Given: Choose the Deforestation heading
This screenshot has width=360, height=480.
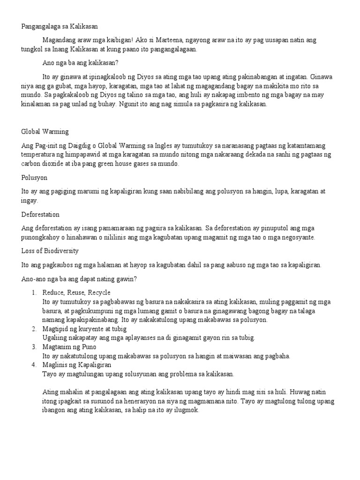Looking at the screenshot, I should coord(40,215).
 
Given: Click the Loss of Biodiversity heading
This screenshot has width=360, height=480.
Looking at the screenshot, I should coord(50,251).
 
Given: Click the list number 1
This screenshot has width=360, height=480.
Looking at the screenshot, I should coord(34,292).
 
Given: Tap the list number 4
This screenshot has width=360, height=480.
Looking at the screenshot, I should coord(34,365).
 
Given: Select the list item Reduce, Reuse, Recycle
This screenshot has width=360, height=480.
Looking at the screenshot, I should coord(76,292).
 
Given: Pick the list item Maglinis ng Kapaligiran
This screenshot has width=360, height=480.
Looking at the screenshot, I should coord(76,365).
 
